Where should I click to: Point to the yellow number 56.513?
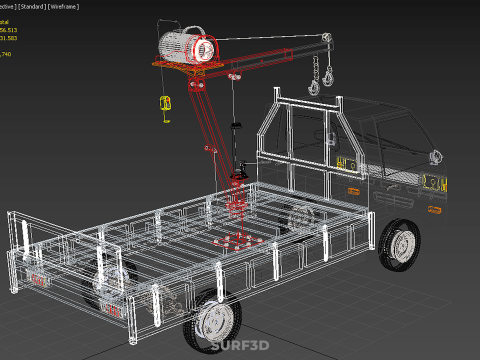[8, 30]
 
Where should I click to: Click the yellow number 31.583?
[8, 39]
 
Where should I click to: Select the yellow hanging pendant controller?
[166, 104]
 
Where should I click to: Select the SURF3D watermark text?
[240, 347]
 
